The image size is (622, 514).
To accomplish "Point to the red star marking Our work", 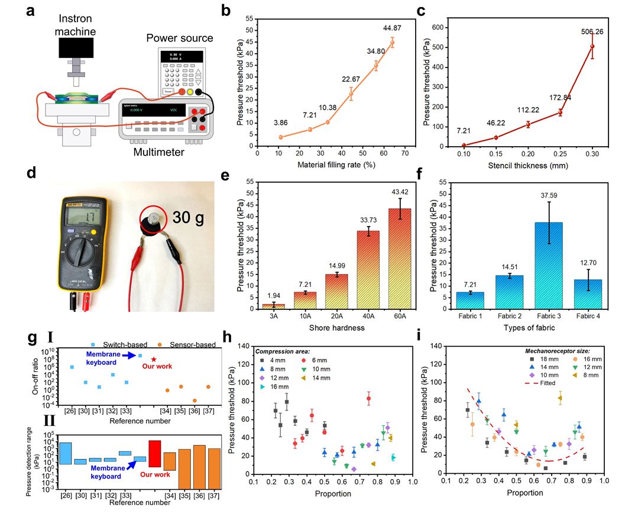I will point(154,359).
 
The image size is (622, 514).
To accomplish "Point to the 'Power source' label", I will point(179,38).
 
